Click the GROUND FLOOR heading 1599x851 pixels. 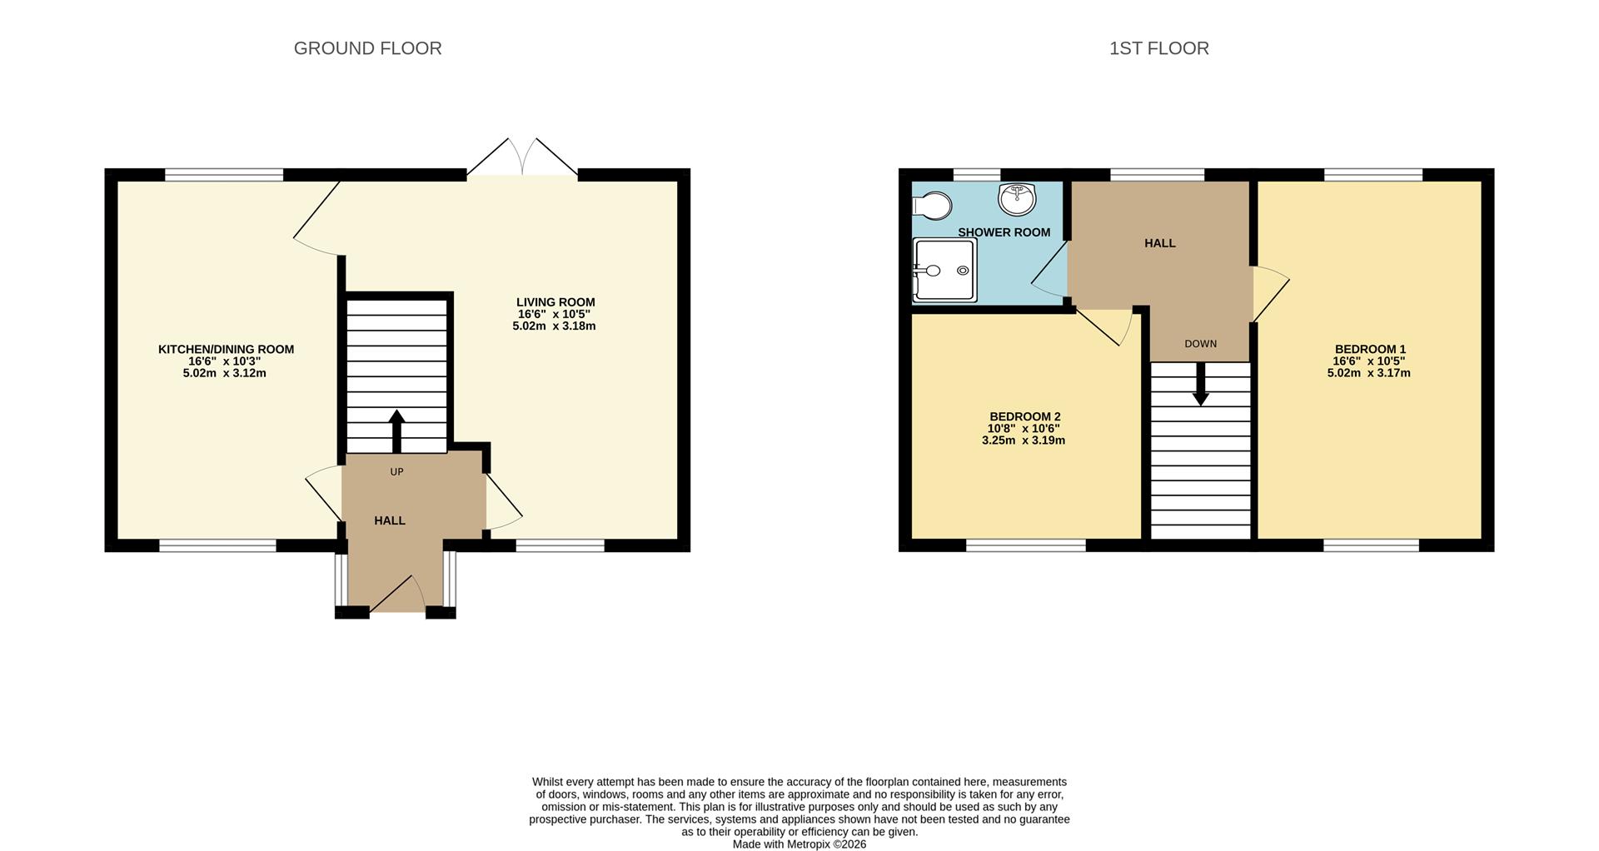(367, 48)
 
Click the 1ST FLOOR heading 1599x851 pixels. (1158, 48)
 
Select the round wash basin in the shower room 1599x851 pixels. (1017, 199)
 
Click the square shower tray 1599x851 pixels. (944, 270)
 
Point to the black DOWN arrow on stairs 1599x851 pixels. (1200, 385)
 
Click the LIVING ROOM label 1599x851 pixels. (555, 302)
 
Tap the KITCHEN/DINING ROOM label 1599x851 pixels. (226, 349)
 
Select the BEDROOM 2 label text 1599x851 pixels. (1024, 416)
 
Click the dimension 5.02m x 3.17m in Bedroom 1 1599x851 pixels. (1368, 373)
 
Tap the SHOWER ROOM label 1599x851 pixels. (1004, 232)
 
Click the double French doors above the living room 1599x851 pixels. (522, 157)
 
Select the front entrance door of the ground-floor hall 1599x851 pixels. (397, 594)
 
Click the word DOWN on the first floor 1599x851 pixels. (1200, 344)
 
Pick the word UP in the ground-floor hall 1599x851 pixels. (396, 472)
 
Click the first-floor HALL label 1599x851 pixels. (1159, 243)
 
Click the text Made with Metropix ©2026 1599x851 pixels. (799, 844)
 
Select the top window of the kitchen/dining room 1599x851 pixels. (224, 175)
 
